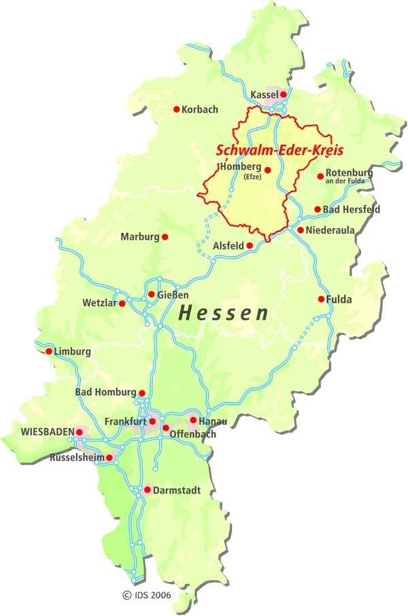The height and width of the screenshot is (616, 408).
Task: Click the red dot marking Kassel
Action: tap(283, 95)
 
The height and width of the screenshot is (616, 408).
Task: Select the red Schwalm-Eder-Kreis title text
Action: tap(279, 149)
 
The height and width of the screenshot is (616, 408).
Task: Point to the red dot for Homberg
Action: tap(268, 170)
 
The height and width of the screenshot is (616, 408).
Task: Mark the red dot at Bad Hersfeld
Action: tap(317, 209)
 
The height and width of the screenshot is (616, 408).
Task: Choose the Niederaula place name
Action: tap(330, 231)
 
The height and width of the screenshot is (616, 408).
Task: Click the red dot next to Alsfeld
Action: tap(250, 245)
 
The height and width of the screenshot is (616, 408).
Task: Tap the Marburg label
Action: tap(139, 237)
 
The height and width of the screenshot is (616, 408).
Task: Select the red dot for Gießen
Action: tap(151, 294)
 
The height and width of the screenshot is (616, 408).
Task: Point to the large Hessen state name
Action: tap(224, 313)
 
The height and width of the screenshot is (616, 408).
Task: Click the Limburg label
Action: tap(73, 352)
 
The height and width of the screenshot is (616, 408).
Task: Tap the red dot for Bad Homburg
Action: tap(142, 393)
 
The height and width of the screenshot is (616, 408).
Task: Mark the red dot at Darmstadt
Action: tap(147, 489)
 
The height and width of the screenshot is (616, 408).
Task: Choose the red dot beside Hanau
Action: tap(193, 420)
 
